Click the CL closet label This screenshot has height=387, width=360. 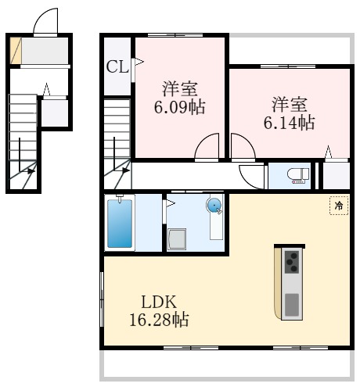pyautogui.click(x=117, y=67)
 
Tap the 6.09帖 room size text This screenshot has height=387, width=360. pyautogui.click(x=179, y=107)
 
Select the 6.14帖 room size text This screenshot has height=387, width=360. pyautogui.click(x=289, y=123)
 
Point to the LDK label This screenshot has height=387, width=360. pyautogui.click(x=159, y=302)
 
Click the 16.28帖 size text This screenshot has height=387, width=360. pyautogui.click(x=159, y=320)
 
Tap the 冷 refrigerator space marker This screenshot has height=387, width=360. pyautogui.click(x=339, y=206)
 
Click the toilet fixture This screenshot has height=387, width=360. pyautogui.click(x=298, y=176)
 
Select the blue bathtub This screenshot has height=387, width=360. pyautogui.click(x=120, y=224)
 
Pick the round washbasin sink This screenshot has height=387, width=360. pyautogui.click(x=214, y=206)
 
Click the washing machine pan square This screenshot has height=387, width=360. pyautogui.click(x=177, y=239)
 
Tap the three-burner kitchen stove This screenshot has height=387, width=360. pyautogui.click(x=292, y=262)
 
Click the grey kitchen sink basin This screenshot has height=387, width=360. pyautogui.click(x=292, y=305)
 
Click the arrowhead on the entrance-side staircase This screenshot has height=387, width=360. pyautogui.click(x=31, y=171)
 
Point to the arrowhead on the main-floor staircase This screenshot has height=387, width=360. pyautogui.click(x=126, y=170)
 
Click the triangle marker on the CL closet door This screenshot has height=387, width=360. pyautogui.click(x=139, y=62)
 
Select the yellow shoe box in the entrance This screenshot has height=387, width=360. pyautogui.click(x=16, y=50)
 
